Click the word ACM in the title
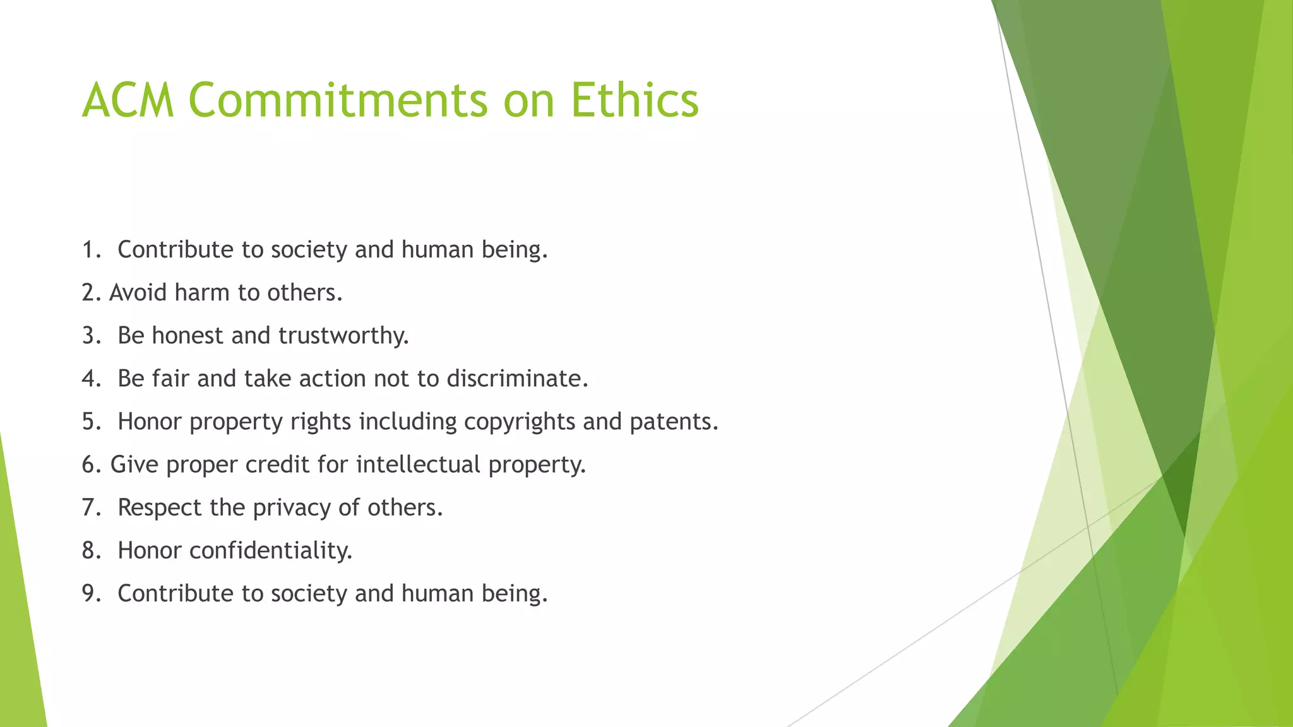[x=128, y=100]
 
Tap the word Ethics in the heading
[x=635, y=100]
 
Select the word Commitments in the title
[x=338, y=100]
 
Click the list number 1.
[x=90, y=250]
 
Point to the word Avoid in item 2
[x=138, y=293]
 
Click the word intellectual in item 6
[x=418, y=464]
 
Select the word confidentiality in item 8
[x=270, y=550]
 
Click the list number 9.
[x=90, y=594]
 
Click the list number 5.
[x=90, y=422]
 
